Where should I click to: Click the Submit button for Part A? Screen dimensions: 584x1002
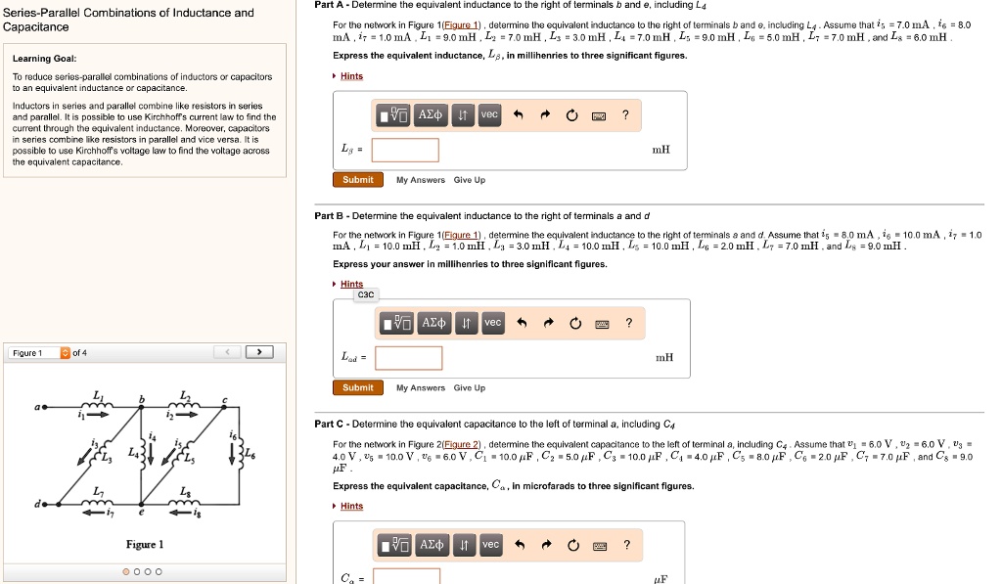coord(358,180)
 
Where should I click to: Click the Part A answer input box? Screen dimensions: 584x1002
coord(405,150)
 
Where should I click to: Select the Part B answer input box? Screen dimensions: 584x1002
coord(408,357)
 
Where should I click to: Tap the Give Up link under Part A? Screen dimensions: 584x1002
coord(470,180)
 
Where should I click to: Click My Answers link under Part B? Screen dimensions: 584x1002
coord(421,388)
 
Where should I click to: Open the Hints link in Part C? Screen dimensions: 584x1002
coord(351,506)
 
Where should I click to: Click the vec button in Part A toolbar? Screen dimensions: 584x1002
coord(490,115)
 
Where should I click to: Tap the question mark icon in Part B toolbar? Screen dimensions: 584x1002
coord(629,323)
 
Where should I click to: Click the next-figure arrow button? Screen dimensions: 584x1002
coord(259,352)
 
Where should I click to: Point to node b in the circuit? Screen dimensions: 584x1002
coord(142,408)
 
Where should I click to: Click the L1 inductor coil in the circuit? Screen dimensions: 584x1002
coord(97,406)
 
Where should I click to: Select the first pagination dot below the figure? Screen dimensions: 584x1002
coord(125,571)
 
